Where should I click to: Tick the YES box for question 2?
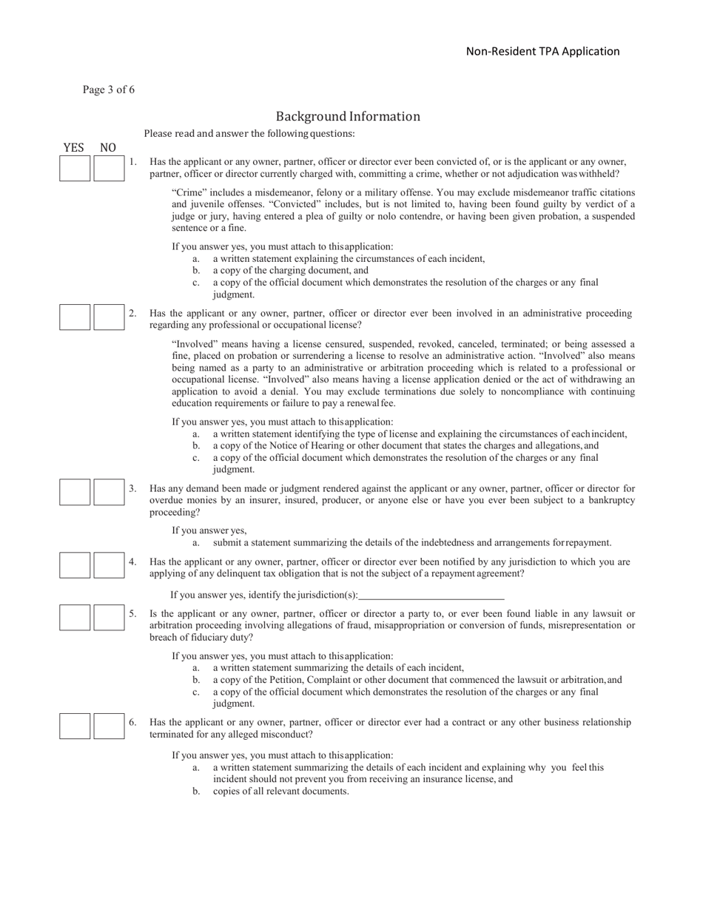pyautogui.click(x=75, y=317)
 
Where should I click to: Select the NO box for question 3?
pyautogui.click(x=109, y=492)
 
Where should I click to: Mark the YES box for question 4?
pyautogui.click(x=75, y=566)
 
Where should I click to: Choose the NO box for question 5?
pyautogui.click(x=109, y=617)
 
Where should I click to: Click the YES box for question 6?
pyautogui.click(x=75, y=726)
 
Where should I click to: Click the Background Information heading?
pyautogui.click(x=348, y=116)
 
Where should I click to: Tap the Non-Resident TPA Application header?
pyautogui.click(x=542, y=51)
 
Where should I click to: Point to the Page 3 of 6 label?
pyautogui.click(x=109, y=90)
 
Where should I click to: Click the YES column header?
pyautogui.click(x=74, y=148)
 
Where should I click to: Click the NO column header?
pyautogui.click(x=108, y=148)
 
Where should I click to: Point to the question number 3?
pyautogui.click(x=132, y=488)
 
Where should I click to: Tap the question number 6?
pyautogui.click(x=132, y=722)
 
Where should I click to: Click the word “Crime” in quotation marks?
pyautogui.click(x=189, y=192)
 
